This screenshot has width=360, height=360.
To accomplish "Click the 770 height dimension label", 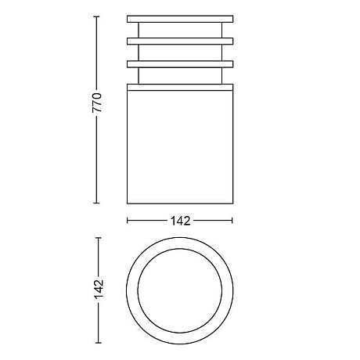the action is pos(97,103).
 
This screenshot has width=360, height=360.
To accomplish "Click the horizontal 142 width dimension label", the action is pos(180,221).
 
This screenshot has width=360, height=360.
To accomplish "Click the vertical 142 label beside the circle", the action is pos(99,290).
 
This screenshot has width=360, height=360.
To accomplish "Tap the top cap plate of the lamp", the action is pos(180,19).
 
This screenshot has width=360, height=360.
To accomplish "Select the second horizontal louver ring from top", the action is pos(180,41).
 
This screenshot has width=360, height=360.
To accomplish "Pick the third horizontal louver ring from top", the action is pos(180,64).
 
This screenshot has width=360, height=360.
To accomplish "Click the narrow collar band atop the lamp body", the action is pos(180,87).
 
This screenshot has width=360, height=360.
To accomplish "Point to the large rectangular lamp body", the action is pos(180,147).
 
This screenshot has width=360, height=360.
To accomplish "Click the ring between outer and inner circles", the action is pos(132,290).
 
